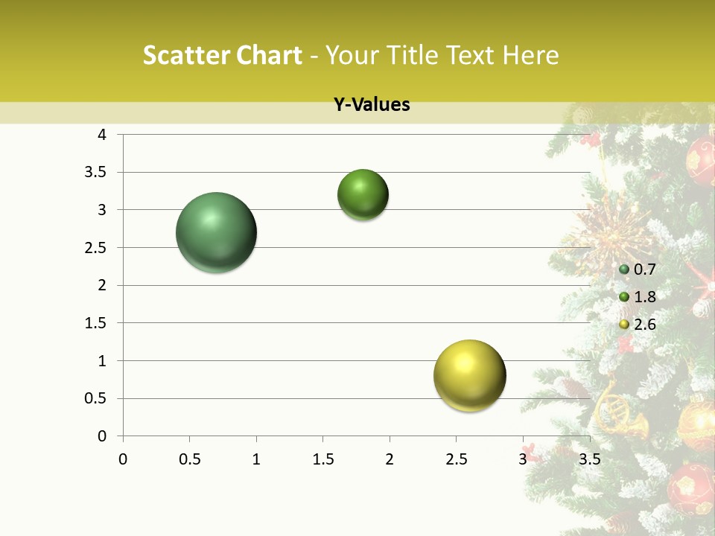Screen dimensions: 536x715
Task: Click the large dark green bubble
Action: [217, 232]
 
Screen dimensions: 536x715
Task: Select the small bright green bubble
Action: [363, 195]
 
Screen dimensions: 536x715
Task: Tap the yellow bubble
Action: [469, 375]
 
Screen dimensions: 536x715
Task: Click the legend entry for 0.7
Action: [638, 269]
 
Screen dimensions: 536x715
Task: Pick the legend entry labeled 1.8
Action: [638, 297]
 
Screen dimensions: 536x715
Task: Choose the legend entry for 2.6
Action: [638, 324]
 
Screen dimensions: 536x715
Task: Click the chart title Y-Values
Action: [372, 105]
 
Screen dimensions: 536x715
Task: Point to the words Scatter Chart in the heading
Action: [222, 55]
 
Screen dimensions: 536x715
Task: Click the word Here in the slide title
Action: [531, 55]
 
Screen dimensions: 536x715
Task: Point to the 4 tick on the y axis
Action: [102, 135]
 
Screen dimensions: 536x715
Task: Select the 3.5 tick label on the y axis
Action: [95, 173]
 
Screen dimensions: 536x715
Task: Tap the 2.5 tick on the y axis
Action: [95, 248]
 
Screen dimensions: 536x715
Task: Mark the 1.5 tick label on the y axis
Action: [95, 323]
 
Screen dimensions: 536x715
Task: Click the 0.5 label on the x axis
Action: [189, 459]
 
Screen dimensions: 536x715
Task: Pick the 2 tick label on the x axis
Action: [390, 459]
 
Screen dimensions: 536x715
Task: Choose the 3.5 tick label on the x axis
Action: [589, 459]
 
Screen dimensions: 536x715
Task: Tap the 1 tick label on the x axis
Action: [256, 459]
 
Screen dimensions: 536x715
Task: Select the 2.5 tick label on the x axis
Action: [456, 459]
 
